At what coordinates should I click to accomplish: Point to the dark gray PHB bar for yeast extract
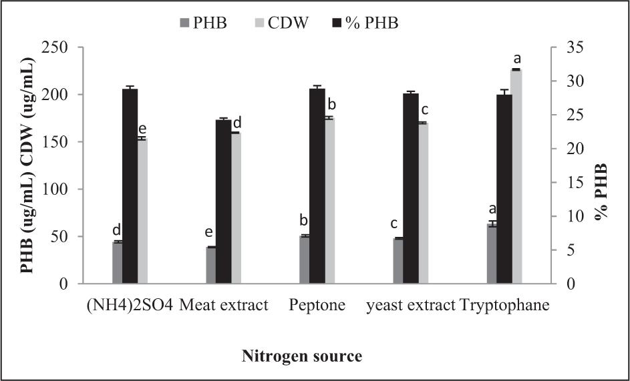click(398, 261)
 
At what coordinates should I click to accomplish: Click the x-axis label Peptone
click(317, 306)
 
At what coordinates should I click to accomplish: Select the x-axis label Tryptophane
click(506, 306)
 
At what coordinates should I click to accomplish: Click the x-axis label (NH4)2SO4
click(130, 306)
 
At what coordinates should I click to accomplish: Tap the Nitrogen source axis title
click(302, 356)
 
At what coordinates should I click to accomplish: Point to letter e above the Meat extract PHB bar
click(209, 233)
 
